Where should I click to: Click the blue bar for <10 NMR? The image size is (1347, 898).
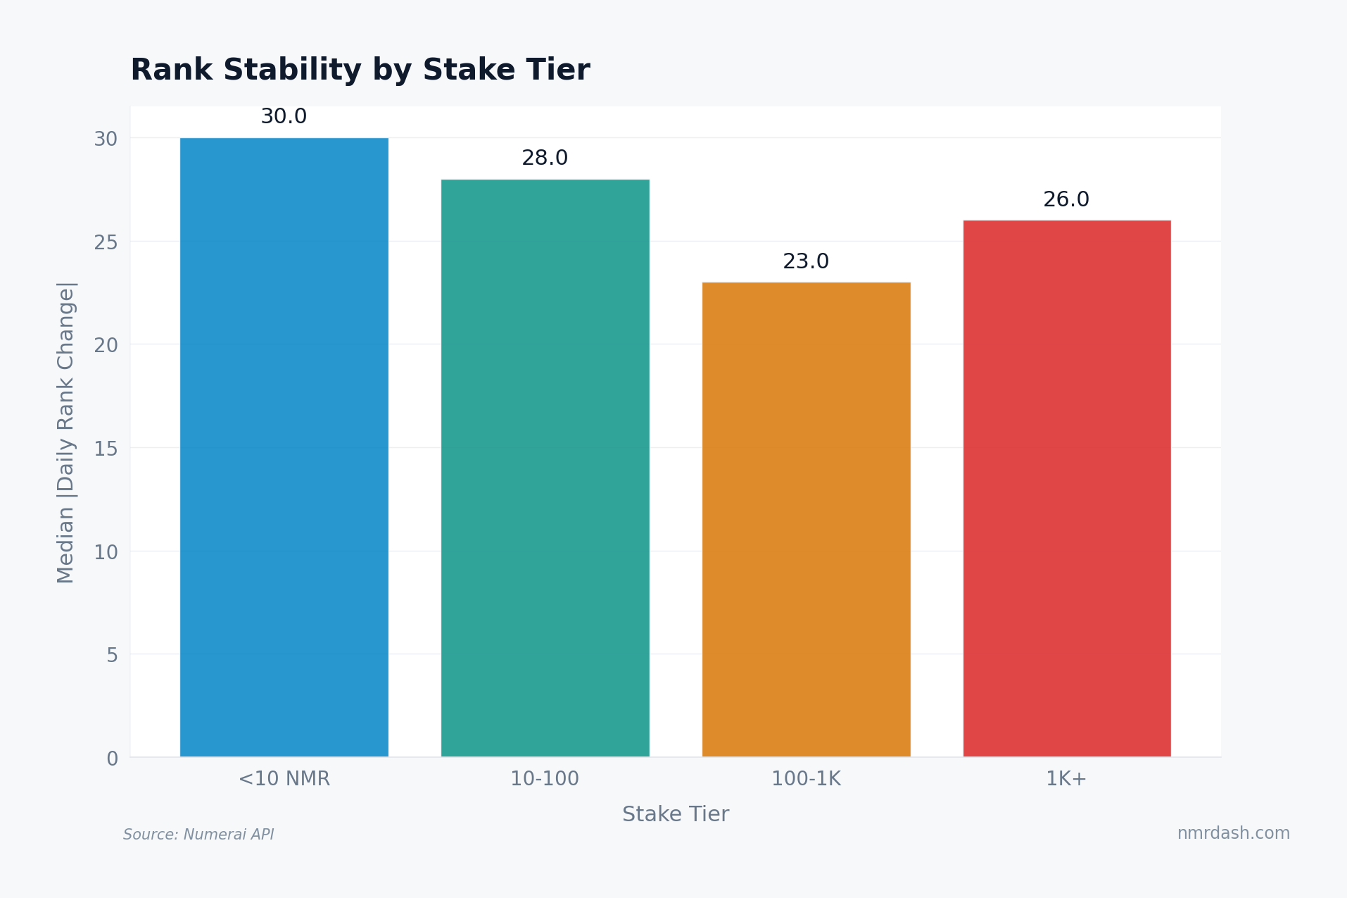click(x=284, y=447)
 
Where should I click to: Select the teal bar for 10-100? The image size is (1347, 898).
click(x=545, y=468)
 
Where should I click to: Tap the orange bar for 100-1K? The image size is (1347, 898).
click(x=806, y=520)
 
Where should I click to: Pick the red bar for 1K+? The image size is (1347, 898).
click(x=1066, y=489)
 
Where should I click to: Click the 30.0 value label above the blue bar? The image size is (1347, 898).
click(x=284, y=117)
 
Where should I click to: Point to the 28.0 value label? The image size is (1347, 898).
click(x=545, y=158)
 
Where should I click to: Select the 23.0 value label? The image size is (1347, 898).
click(x=806, y=262)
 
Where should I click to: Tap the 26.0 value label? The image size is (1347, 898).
click(x=1066, y=200)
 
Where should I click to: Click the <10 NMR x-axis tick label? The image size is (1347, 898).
click(x=284, y=779)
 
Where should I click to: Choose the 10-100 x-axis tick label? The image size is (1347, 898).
click(x=545, y=779)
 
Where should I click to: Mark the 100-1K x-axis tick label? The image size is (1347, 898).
click(x=806, y=779)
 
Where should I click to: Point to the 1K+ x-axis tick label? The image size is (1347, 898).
click(x=1066, y=779)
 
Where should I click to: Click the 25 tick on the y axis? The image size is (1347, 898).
click(x=106, y=243)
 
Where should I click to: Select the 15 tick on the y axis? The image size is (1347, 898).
click(x=106, y=449)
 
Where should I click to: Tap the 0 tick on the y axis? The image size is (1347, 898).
click(x=113, y=759)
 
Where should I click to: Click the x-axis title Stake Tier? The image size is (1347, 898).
click(x=676, y=815)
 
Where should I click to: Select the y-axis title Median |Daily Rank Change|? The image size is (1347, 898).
click(x=65, y=432)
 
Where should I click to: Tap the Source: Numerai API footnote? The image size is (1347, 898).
click(x=198, y=835)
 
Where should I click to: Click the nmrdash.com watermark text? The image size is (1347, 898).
click(x=1233, y=833)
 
